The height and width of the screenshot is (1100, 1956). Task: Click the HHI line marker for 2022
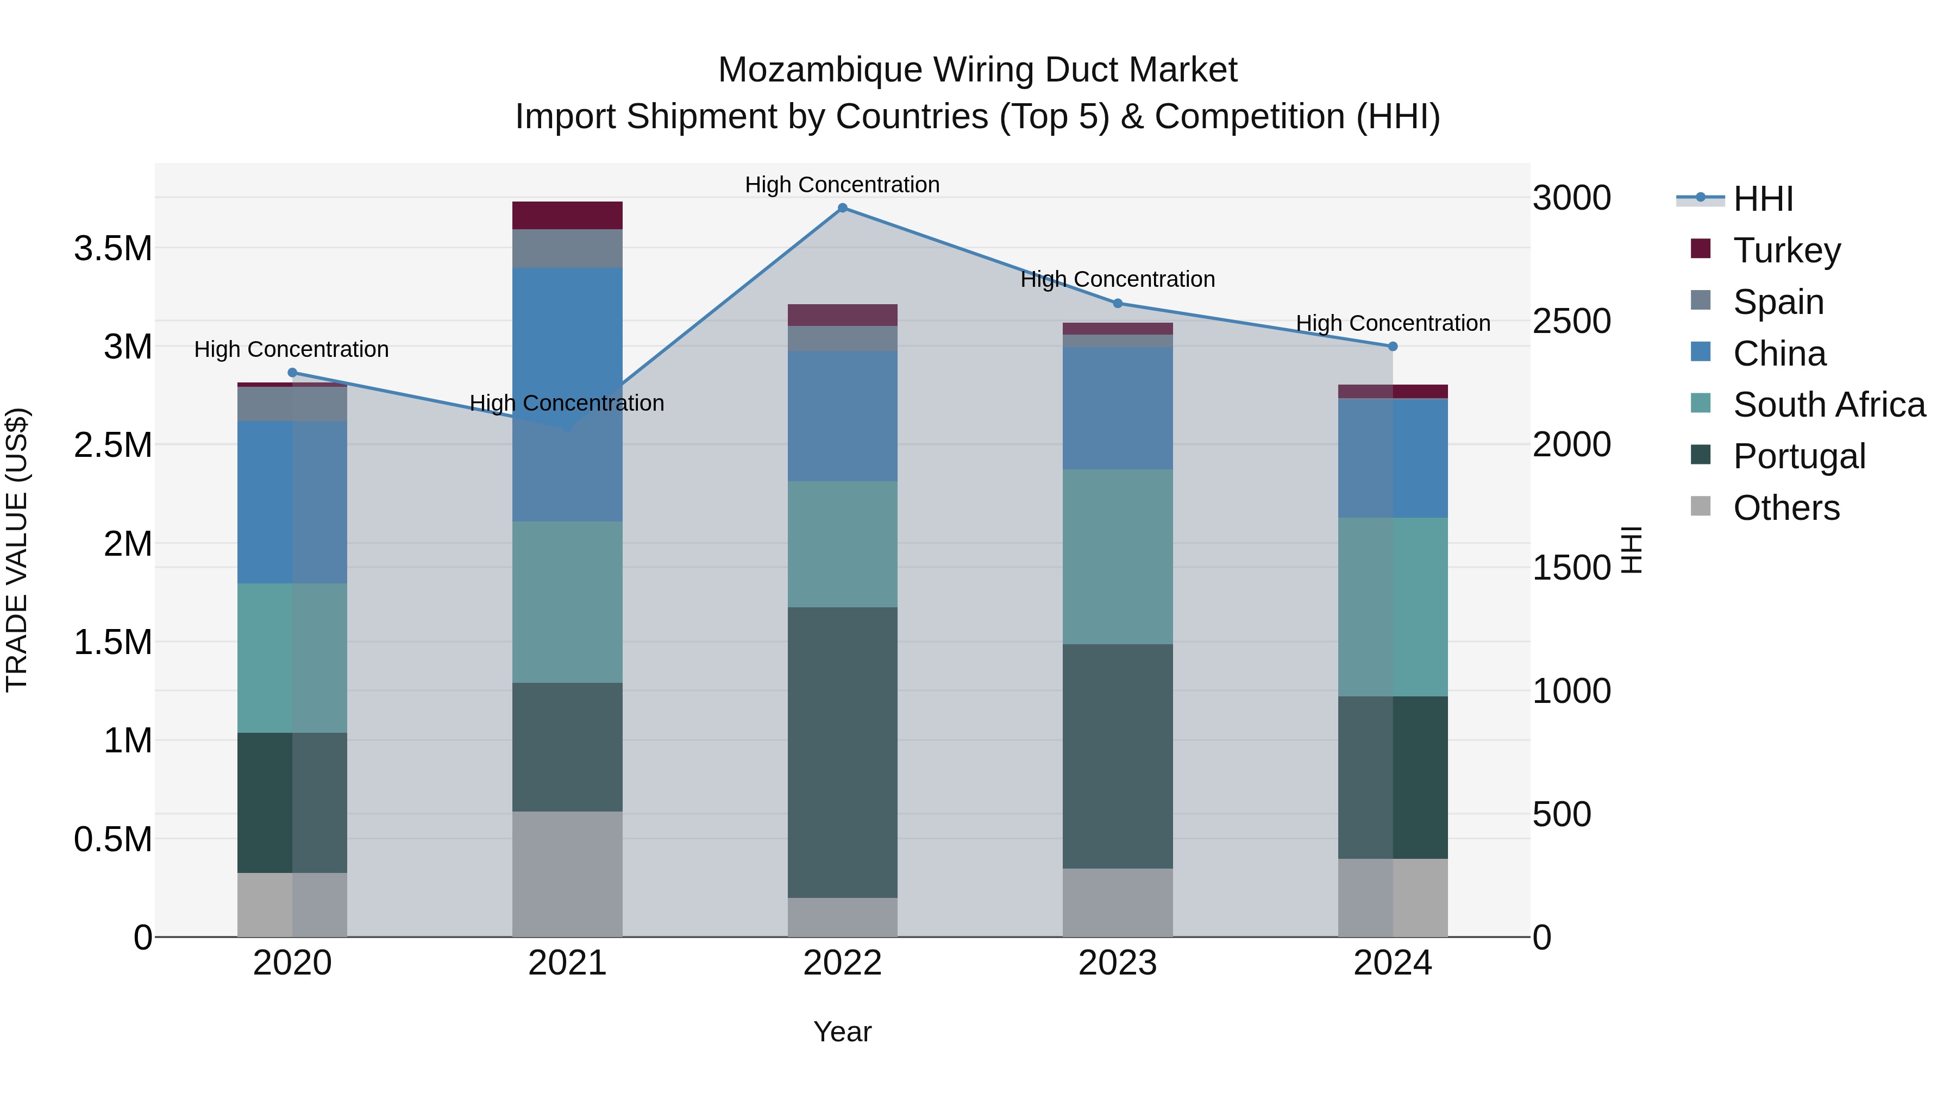[x=842, y=208]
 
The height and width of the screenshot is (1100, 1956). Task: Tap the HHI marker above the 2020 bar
[x=292, y=373]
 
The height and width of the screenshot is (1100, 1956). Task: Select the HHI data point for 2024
[x=1393, y=346]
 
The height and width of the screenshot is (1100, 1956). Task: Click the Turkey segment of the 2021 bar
[x=567, y=216]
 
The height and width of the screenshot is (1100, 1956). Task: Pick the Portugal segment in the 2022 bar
[x=842, y=752]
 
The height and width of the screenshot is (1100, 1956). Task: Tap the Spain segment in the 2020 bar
[x=292, y=404]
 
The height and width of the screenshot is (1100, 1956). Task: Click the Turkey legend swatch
[x=1701, y=249]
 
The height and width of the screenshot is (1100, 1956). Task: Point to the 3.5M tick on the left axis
[x=112, y=248]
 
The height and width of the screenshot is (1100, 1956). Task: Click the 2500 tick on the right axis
[x=1571, y=321]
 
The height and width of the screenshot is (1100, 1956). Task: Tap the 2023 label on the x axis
[x=1117, y=963]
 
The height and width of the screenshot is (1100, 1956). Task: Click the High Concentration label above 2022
[x=842, y=185]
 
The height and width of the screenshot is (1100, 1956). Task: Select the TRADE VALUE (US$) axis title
[x=17, y=550]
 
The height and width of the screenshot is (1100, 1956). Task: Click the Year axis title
[x=842, y=1032]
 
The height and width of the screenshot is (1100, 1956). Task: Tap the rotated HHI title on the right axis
[x=1631, y=550]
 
